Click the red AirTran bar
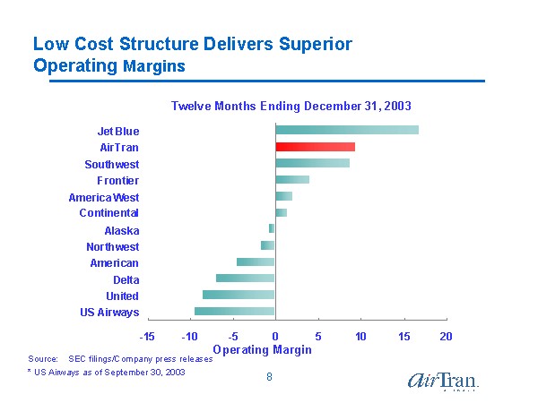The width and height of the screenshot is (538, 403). click(x=315, y=147)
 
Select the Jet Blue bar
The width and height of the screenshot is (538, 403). click(x=346, y=131)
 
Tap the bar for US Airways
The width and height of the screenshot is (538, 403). click(x=234, y=312)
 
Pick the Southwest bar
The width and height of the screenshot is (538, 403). click(x=312, y=163)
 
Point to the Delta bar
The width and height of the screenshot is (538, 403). click(x=245, y=279)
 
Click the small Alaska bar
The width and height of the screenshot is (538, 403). click(x=272, y=229)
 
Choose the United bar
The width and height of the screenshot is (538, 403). click(x=239, y=295)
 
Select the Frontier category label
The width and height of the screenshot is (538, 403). click(x=117, y=181)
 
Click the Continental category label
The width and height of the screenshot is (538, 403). click(x=108, y=213)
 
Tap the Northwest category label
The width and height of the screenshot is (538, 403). click(x=112, y=247)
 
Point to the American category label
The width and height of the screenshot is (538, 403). click(x=114, y=263)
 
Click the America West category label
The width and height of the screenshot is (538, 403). click(x=103, y=197)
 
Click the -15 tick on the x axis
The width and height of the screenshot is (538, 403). click(x=147, y=336)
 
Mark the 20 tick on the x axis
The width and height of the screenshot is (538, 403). click(x=446, y=336)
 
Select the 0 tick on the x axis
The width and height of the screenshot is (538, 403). click(x=275, y=336)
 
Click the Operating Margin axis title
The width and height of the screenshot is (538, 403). click(x=262, y=349)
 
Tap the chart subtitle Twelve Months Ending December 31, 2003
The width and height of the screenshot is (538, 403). click(x=291, y=106)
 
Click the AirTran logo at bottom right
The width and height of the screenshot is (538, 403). click(x=443, y=382)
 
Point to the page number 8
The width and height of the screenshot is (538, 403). click(x=269, y=377)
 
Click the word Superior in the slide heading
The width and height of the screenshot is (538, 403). click(x=309, y=44)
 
